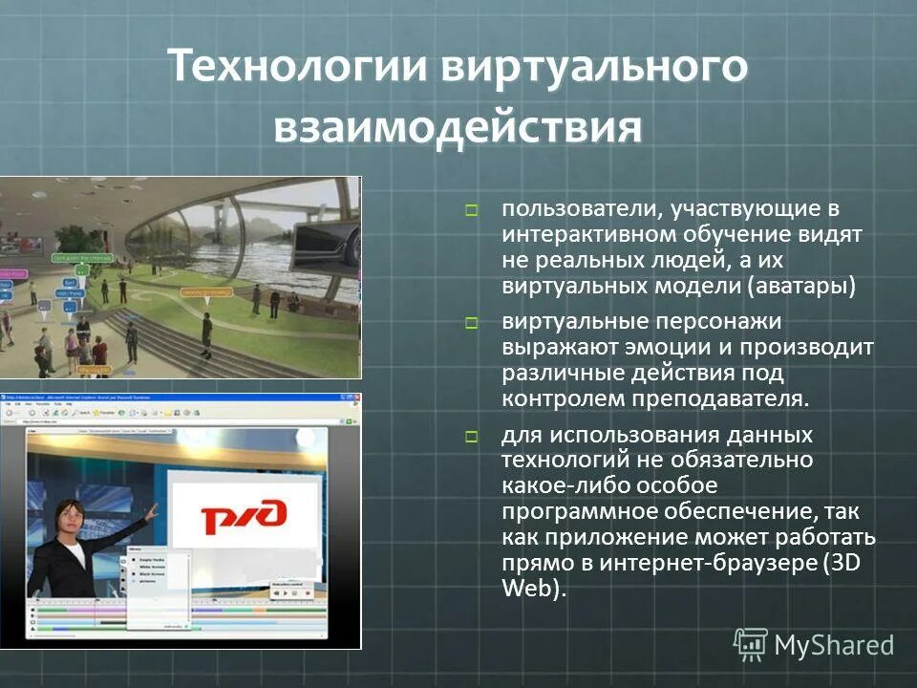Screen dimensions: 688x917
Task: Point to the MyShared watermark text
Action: coord(834,645)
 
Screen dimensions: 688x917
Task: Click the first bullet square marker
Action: coord(471,209)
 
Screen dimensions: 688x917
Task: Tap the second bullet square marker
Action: coord(471,324)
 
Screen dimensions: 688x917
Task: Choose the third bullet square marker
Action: coord(471,438)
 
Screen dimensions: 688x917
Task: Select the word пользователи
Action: coord(577,208)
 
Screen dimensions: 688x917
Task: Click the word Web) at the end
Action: coord(534,588)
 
